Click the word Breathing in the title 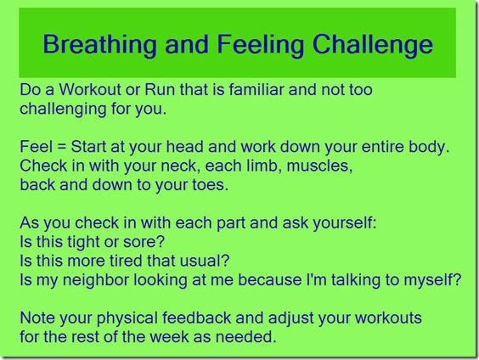point(99,45)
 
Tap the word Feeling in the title point(261,45)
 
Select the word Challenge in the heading point(372,45)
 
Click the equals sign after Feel point(62,147)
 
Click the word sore point(144,242)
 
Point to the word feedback point(196,318)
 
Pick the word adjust point(290,318)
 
